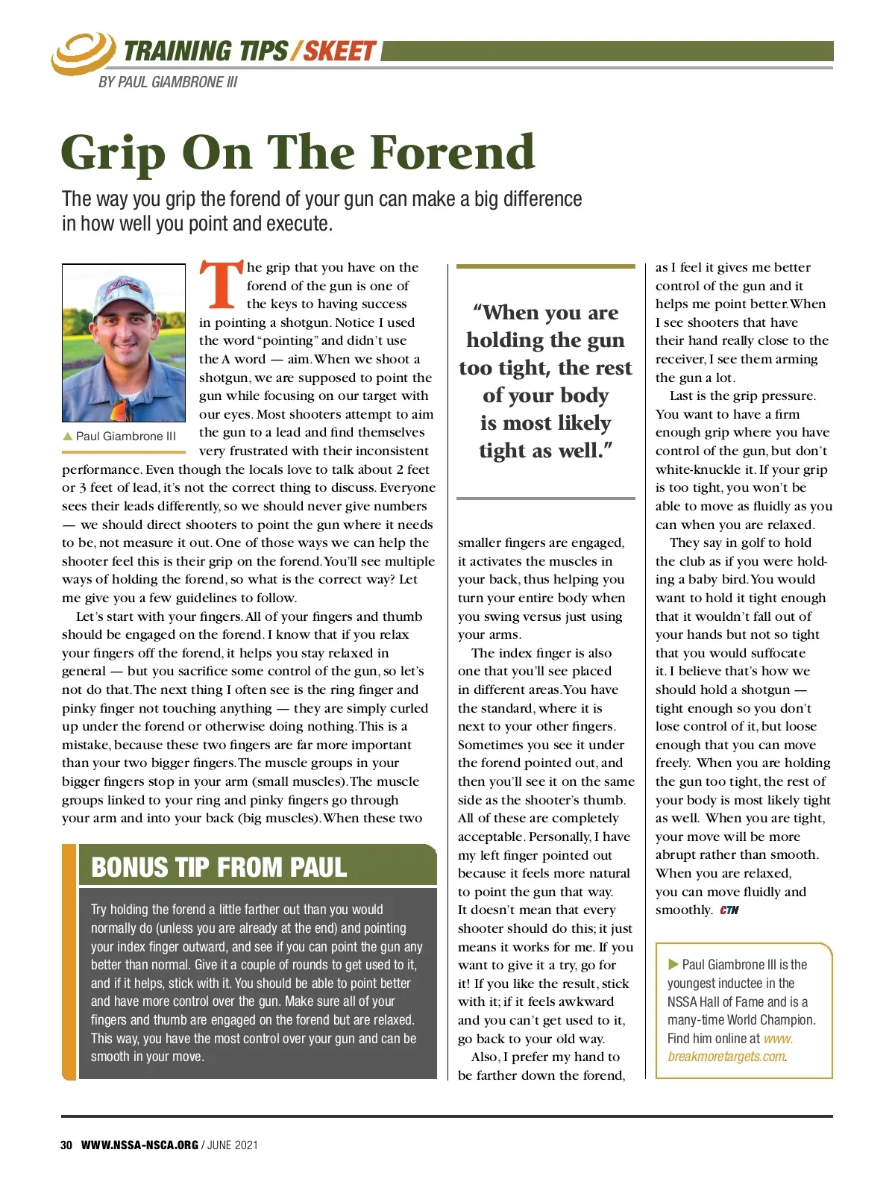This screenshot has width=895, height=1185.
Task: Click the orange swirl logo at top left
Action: coord(82,53)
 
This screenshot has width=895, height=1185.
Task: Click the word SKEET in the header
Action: coord(339,51)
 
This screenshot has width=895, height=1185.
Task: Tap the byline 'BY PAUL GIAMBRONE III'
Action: coord(168,82)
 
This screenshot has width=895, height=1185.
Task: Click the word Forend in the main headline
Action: coord(453,152)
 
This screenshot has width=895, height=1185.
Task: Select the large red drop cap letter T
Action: coord(222,284)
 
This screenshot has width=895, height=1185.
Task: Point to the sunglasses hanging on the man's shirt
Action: coord(119,410)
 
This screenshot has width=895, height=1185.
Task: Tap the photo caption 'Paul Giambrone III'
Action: coord(126,437)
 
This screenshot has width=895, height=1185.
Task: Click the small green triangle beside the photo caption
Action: coord(68,437)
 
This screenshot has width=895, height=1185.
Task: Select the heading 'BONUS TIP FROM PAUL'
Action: coord(219,867)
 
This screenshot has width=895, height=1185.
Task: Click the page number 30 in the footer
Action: coord(66,1145)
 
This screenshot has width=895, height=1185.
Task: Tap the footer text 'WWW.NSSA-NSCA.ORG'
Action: coord(139,1145)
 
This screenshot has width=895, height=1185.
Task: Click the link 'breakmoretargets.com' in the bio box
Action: coord(727,1057)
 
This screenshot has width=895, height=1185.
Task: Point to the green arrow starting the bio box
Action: coord(673,964)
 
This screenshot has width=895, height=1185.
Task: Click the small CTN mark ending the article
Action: coord(729,910)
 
